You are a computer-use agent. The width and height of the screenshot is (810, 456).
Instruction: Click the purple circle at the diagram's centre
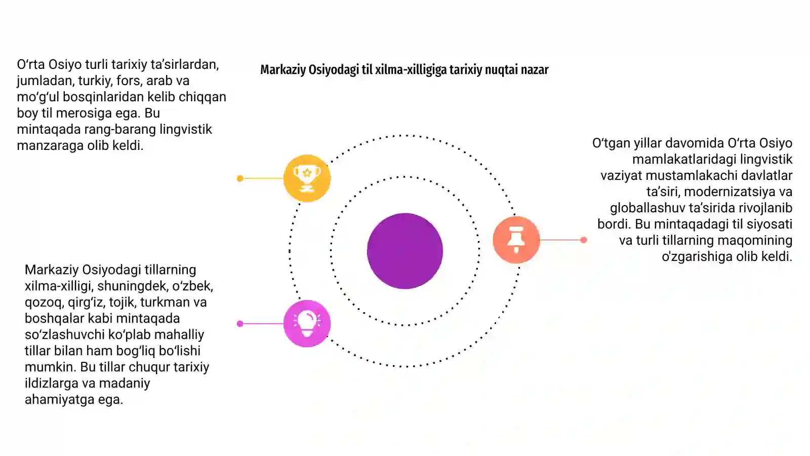pyautogui.click(x=404, y=251)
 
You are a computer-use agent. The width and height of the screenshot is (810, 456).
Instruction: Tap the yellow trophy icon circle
pyautogui.click(x=307, y=178)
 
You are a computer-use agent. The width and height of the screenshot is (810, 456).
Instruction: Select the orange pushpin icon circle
pyautogui.click(x=516, y=240)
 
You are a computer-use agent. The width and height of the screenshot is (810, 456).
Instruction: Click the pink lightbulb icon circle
pyautogui.click(x=307, y=324)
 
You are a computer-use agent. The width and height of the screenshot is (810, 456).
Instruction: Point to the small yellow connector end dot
pyautogui.click(x=240, y=178)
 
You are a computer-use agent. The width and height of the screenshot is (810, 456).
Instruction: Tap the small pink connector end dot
pyautogui.click(x=240, y=324)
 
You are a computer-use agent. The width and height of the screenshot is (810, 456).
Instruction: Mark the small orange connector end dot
pyautogui.click(x=583, y=240)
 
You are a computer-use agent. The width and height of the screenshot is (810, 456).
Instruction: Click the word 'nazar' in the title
pyautogui.click(x=535, y=70)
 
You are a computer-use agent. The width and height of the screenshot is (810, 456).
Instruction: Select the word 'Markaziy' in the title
pyautogui.click(x=283, y=70)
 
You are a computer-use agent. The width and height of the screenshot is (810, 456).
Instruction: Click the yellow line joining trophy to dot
pyautogui.click(x=263, y=178)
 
